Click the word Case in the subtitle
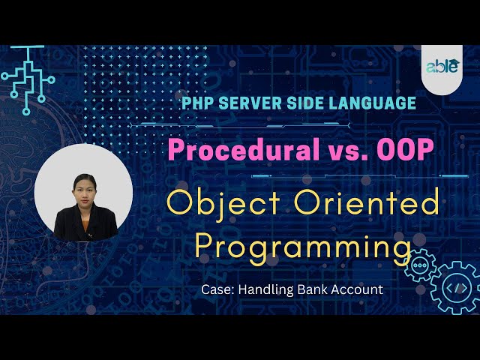coord(215,288)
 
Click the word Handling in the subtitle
coord(263,288)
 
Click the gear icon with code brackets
coord(454,286)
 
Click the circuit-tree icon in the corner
coord(27,79)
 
